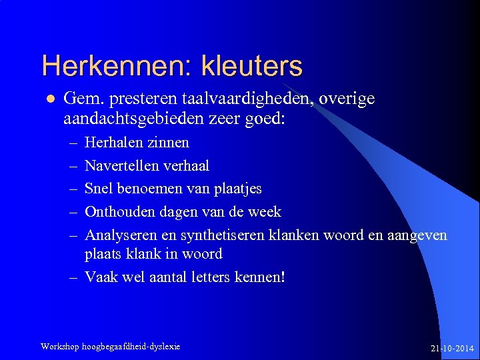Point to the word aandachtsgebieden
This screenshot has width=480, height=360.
click(127, 120)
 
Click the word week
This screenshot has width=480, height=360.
click(264, 212)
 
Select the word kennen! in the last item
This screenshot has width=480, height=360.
click(260, 277)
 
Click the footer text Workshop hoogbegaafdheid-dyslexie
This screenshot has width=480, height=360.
click(110, 347)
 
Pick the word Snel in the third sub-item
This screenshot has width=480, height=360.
click(99, 189)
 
